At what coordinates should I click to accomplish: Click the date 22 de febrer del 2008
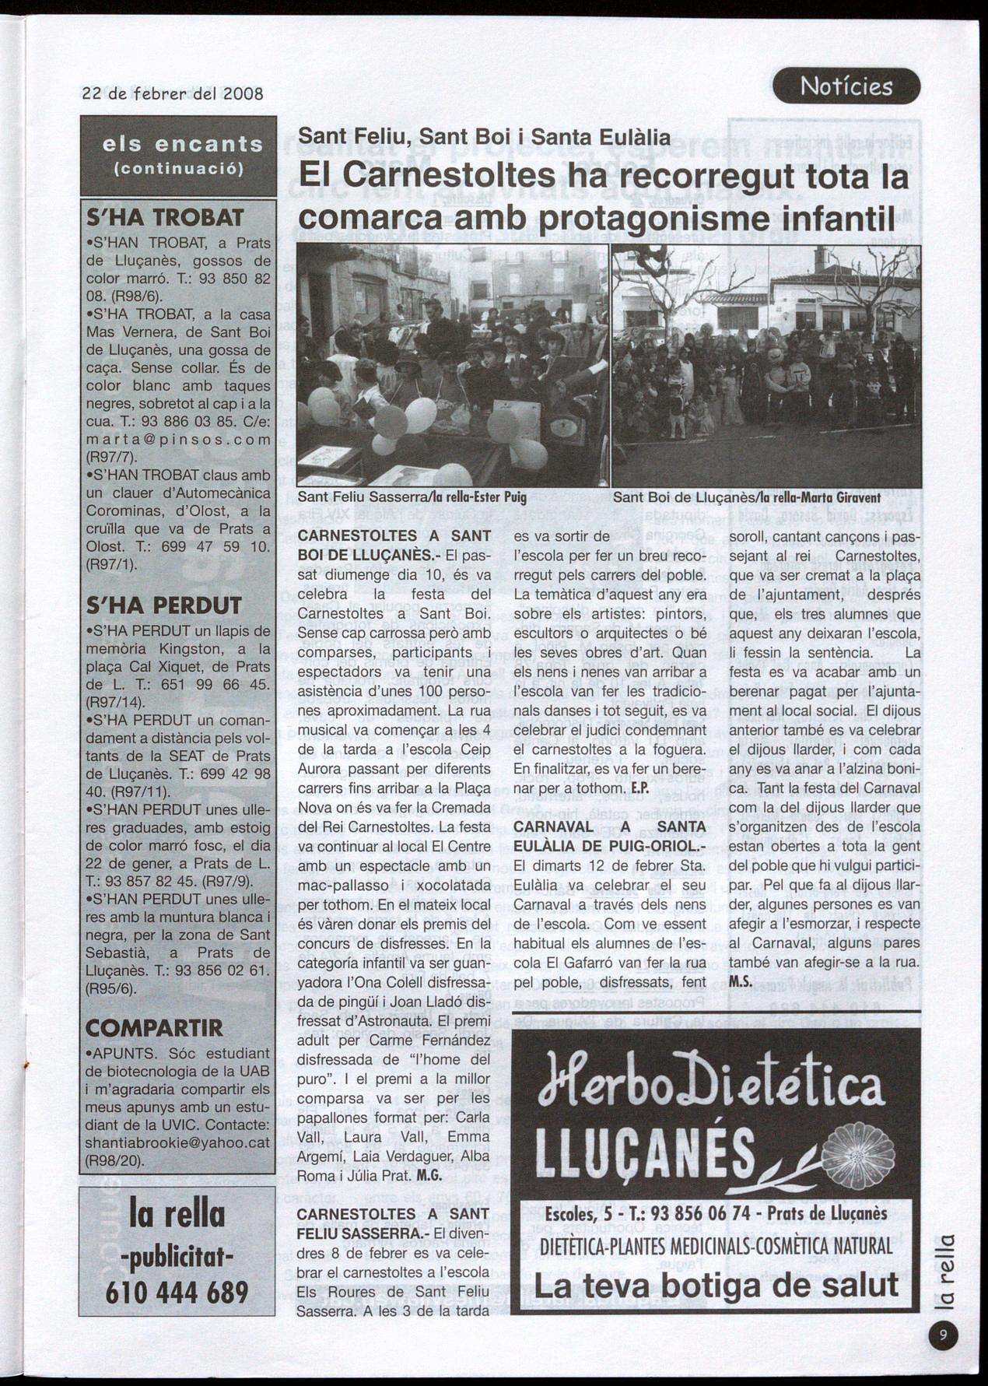pos(173,94)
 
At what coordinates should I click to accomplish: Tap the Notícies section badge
pos(846,86)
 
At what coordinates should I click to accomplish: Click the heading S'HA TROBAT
pos(166,218)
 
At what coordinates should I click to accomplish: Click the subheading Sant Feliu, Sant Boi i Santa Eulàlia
pos(485,137)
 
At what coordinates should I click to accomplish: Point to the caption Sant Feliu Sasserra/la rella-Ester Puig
pos(401,497)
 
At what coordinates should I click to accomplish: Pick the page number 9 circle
pos(943,1335)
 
